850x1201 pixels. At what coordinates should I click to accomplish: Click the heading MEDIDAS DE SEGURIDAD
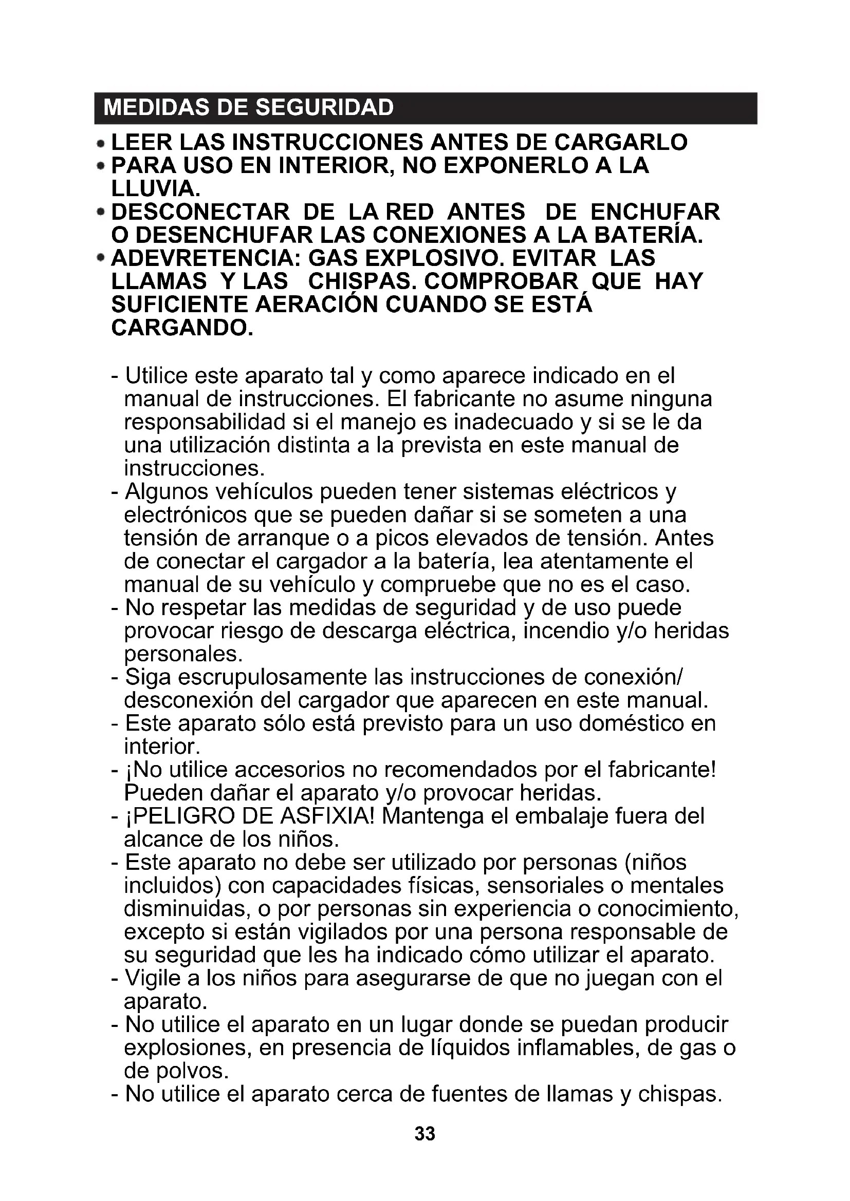click(x=249, y=108)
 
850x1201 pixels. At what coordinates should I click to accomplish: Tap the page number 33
click(x=424, y=1134)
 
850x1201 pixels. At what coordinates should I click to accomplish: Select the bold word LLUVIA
click(x=152, y=189)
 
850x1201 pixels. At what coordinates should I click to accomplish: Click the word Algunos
click(x=167, y=492)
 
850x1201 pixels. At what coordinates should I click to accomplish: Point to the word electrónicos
click(x=186, y=515)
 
